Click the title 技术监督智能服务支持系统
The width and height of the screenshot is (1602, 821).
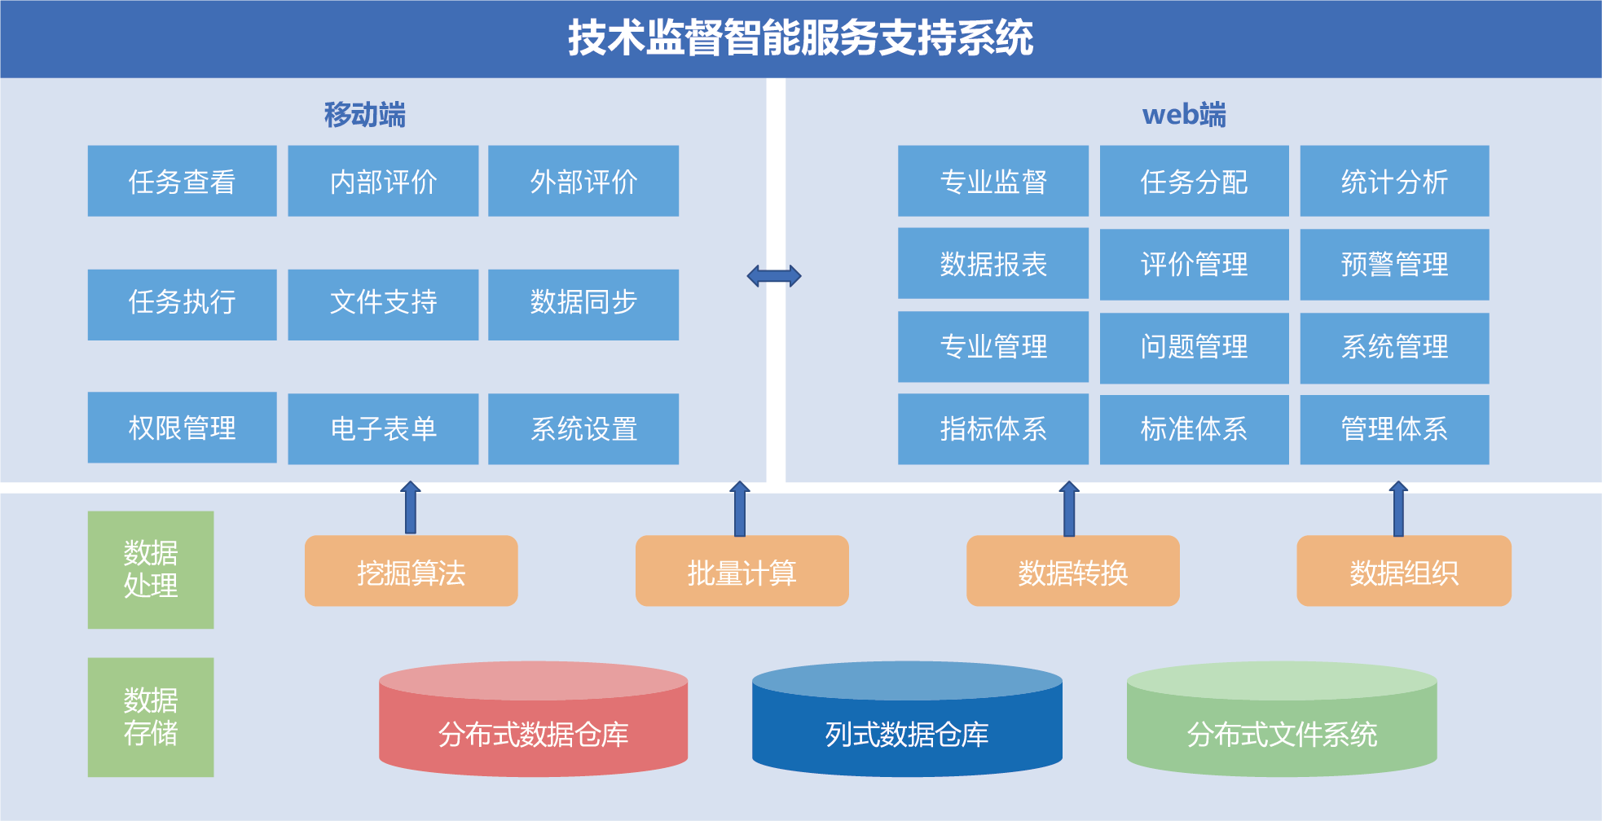800,38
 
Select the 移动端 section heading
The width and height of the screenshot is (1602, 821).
364,115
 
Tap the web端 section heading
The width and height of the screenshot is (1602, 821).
1183,115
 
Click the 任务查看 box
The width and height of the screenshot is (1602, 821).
182,181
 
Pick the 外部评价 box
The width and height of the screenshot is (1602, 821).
583,181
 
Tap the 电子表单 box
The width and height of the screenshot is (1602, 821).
383,428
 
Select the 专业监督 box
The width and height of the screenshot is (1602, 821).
992,181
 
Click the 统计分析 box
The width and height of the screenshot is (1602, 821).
1393,181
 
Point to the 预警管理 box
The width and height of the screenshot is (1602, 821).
1393,264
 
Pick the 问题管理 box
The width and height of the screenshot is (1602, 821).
1194,348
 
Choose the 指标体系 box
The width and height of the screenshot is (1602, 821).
992,428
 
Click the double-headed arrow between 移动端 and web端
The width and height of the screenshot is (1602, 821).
774,276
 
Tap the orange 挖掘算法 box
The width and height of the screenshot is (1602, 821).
411,571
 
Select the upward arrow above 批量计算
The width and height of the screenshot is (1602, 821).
739,508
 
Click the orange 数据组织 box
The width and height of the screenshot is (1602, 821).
1403,571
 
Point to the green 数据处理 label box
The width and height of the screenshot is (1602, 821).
151,569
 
